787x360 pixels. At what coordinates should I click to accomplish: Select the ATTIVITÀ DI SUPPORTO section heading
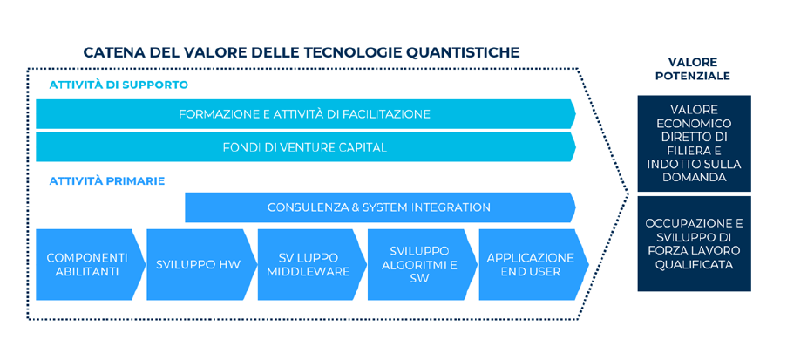119,85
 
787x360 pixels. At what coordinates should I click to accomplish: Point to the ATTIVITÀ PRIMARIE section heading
106,181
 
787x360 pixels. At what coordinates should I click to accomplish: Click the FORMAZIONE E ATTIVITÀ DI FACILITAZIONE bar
304,114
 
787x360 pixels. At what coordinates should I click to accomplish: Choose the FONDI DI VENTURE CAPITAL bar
304,147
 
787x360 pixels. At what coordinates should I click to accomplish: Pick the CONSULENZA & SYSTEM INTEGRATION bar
378,207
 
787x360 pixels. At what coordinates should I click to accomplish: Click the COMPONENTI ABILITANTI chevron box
87,264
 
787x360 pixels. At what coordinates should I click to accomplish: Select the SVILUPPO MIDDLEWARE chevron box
309,264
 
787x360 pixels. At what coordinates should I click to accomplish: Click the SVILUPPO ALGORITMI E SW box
419,264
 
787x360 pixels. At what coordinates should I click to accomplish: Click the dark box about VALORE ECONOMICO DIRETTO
694,143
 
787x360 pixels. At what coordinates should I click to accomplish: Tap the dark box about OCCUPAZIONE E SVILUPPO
694,243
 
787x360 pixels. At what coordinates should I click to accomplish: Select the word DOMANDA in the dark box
694,177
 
